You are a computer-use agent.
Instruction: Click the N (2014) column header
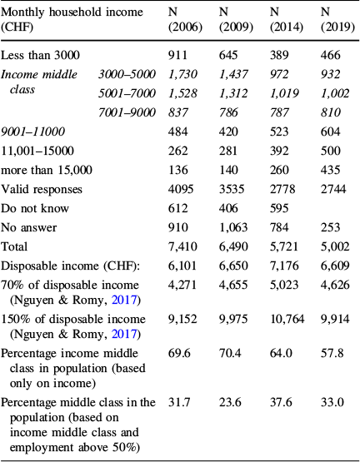(287, 21)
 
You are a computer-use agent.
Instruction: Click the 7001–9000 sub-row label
(122, 112)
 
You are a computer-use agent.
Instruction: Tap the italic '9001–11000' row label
(32, 132)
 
